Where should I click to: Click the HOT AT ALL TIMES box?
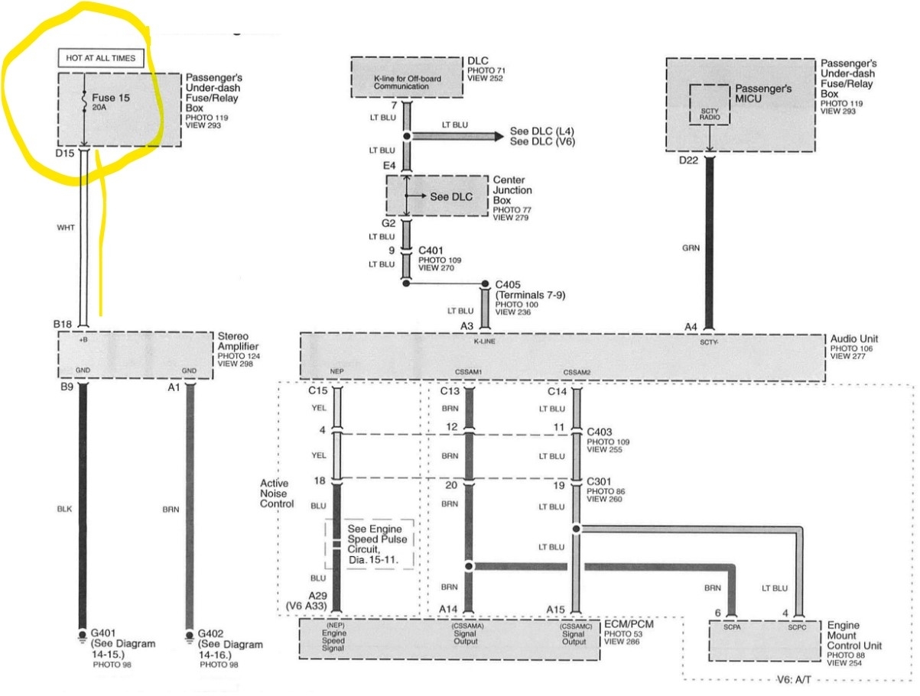point(101,58)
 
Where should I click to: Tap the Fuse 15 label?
point(111,98)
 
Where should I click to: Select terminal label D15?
point(64,153)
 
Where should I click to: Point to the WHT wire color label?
point(66,228)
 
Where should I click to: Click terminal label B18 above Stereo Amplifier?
point(63,324)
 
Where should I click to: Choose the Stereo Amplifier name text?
point(238,341)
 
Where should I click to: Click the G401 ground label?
point(102,633)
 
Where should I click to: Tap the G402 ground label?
point(210,633)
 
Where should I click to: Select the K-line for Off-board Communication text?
point(407,83)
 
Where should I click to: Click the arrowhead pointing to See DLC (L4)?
point(499,136)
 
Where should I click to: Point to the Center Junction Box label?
point(512,190)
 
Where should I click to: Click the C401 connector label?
point(431,251)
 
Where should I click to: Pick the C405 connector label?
point(508,285)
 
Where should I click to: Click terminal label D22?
point(688,160)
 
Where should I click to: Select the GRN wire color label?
point(691,248)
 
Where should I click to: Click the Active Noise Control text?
point(277,494)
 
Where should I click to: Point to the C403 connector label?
point(599,432)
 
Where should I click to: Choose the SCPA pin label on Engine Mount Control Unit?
point(732,627)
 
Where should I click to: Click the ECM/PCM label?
point(629,624)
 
